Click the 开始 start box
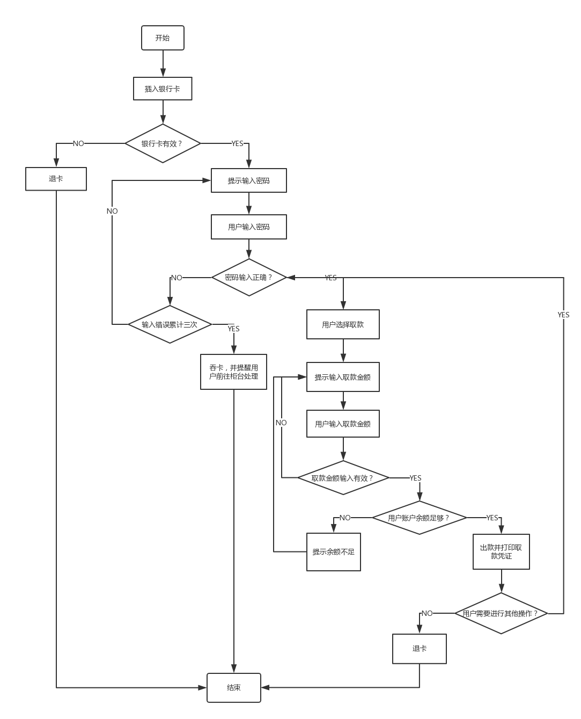click(x=163, y=38)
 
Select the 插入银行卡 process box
click(x=163, y=89)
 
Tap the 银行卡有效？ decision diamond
click(x=163, y=143)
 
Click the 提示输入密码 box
click(x=248, y=180)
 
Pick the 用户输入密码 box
click(x=248, y=227)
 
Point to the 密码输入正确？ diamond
click(x=248, y=278)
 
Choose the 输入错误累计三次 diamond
click(x=170, y=324)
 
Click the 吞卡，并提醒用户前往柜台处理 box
click(x=233, y=372)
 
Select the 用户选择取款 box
click(x=343, y=324)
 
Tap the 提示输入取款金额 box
click(x=343, y=377)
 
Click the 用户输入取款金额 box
click(x=343, y=424)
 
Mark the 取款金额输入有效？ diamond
click(x=343, y=477)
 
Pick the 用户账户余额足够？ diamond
click(x=419, y=518)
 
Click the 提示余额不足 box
click(x=334, y=551)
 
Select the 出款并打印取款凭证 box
click(x=501, y=551)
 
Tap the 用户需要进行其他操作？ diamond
click(x=501, y=613)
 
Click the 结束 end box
click(x=234, y=687)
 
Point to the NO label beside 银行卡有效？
click(x=78, y=143)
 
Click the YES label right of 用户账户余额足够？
click(x=492, y=518)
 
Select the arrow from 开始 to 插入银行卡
click(x=163, y=64)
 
